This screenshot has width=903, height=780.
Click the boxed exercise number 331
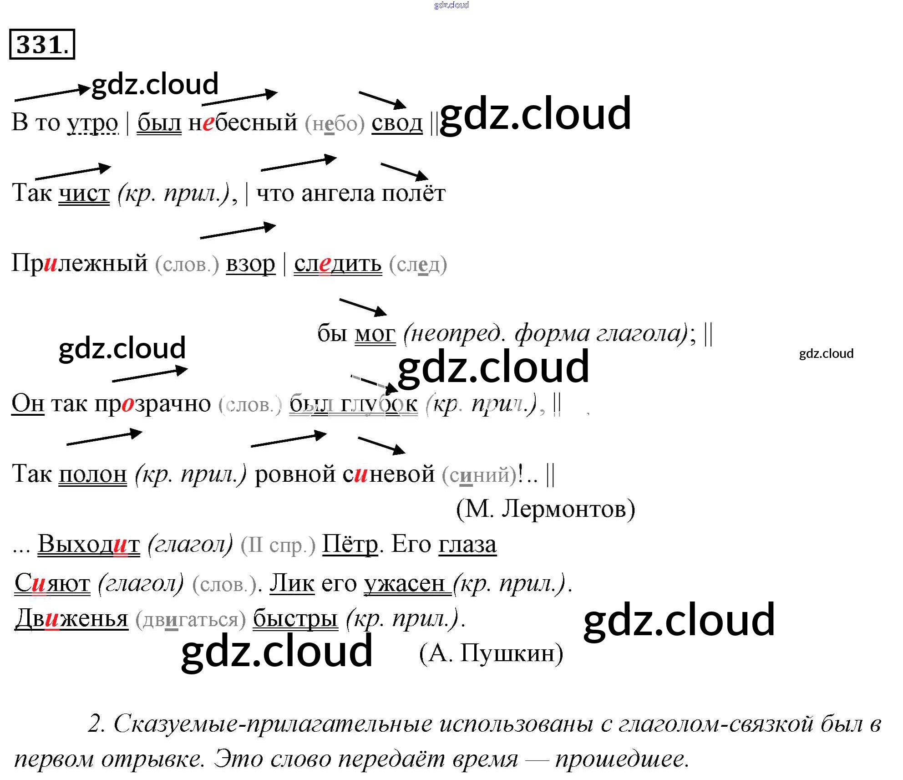42,45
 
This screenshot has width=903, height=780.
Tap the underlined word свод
397,123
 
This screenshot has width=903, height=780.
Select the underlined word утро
93,123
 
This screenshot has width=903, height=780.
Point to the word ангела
339,194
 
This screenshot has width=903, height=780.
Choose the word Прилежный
80,263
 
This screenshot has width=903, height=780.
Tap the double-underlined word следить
337,264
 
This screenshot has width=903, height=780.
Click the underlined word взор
250,264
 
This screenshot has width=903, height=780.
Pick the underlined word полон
92,474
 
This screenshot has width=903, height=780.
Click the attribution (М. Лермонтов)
545,509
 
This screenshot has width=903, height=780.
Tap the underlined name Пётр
350,545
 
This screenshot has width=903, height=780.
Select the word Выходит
89,545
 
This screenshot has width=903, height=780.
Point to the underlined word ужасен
404,583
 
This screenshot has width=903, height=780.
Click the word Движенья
71,619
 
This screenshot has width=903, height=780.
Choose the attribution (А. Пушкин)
491,654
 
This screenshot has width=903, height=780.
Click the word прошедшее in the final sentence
622,759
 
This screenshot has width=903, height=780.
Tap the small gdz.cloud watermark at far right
826,354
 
